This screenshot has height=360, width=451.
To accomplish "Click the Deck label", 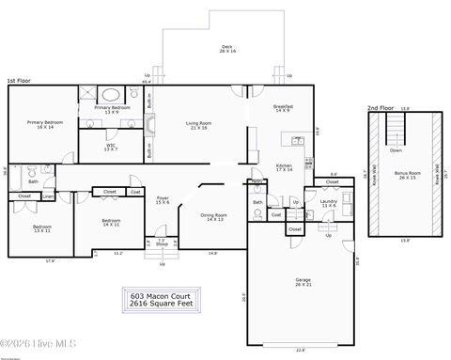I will click(x=226, y=48).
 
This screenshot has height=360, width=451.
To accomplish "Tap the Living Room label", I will click(x=196, y=125).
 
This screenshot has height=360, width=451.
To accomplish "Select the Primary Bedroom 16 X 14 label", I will click(x=45, y=124).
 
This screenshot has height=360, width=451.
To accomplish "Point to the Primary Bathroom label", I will click(x=112, y=109).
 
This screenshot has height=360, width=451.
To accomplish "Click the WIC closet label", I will click(x=111, y=147).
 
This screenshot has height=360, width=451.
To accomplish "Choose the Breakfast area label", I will click(x=284, y=109).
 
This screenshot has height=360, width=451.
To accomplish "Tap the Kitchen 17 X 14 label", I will click(x=284, y=167).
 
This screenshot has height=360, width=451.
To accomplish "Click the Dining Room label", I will click(x=213, y=217).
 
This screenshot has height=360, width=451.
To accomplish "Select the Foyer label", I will click(x=162, y=199).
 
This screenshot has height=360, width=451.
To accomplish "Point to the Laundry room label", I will click(x=328, y=202).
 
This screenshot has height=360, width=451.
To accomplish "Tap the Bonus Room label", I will click(x=408, y=176).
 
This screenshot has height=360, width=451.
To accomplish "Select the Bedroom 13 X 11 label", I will click(x=41, y=228).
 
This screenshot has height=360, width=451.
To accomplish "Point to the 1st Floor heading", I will click(x=20, y=82).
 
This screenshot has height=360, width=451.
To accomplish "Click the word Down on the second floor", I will click(x=396, y=150).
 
